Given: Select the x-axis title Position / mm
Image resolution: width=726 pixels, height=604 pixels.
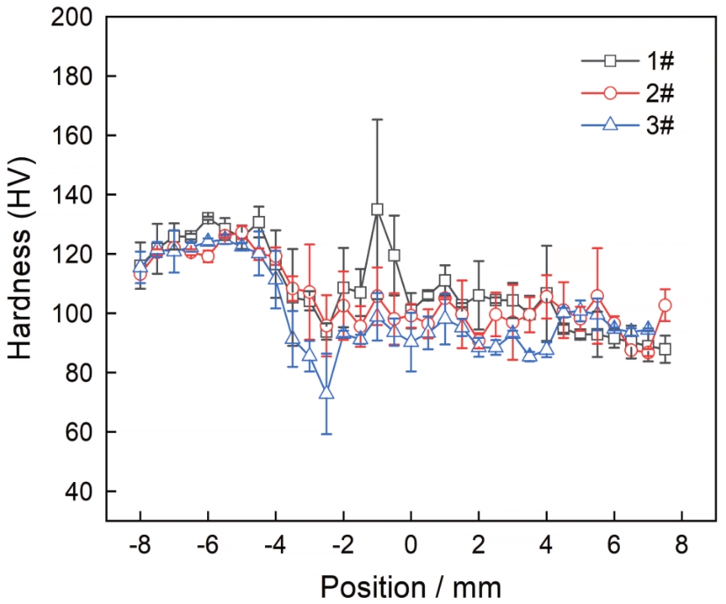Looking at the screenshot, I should click(410, 586).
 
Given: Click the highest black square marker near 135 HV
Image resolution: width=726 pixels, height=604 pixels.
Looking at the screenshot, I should click(377, 209).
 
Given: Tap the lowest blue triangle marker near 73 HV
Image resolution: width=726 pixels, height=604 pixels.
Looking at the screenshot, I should click(327, 392).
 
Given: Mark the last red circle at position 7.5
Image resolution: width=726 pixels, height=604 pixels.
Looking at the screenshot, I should click(665, 306).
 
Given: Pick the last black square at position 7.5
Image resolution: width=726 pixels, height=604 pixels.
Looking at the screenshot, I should click(665, 349).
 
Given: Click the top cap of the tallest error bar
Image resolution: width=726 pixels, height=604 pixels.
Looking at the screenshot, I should click(377, 119).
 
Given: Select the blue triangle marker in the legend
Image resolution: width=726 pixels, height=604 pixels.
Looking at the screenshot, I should click(611, 124).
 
